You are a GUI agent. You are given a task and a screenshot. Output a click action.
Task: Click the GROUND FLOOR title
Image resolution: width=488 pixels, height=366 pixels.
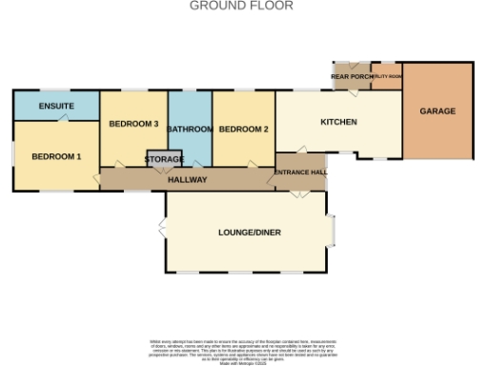pos(241,6)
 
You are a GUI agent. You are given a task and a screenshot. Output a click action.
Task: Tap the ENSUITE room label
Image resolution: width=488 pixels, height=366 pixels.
pos(57,105)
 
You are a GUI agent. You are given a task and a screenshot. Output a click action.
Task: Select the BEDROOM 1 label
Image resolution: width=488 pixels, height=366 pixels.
pos(56,155)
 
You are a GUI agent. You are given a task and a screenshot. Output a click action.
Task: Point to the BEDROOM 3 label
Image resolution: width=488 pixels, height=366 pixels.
pos(133,124)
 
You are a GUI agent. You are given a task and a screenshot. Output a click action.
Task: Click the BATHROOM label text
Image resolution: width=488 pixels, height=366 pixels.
pos(190,129)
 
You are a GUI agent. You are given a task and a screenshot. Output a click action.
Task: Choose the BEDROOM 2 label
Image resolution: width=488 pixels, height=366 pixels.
pos(243,129)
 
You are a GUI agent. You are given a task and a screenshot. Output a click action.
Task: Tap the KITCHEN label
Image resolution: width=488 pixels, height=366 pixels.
pos(338,122)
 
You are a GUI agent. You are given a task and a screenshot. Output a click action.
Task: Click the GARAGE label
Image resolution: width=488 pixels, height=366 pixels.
pos(437,111)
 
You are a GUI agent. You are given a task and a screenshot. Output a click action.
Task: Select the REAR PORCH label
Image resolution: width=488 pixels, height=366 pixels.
pos(350,76)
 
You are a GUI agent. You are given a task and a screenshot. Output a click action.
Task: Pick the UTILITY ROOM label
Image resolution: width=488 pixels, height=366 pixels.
pos(386,75)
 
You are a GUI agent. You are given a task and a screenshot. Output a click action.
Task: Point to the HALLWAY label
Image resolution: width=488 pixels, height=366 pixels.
pos(188,180)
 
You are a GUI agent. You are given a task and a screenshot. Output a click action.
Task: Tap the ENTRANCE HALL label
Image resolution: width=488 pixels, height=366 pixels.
pos(300,172)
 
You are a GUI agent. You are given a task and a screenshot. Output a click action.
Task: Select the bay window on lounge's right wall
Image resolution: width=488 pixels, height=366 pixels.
pos(332,232)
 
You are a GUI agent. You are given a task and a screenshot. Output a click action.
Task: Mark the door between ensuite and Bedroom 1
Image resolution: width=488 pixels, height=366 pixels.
pos(63,118)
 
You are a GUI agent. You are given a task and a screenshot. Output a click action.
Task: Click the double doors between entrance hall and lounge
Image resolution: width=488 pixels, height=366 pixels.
pos(300,193)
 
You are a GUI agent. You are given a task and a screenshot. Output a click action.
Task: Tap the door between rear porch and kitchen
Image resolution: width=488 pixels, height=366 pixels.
pos(351,91)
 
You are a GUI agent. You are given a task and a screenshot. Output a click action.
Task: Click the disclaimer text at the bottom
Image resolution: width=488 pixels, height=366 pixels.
pos(244,350)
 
